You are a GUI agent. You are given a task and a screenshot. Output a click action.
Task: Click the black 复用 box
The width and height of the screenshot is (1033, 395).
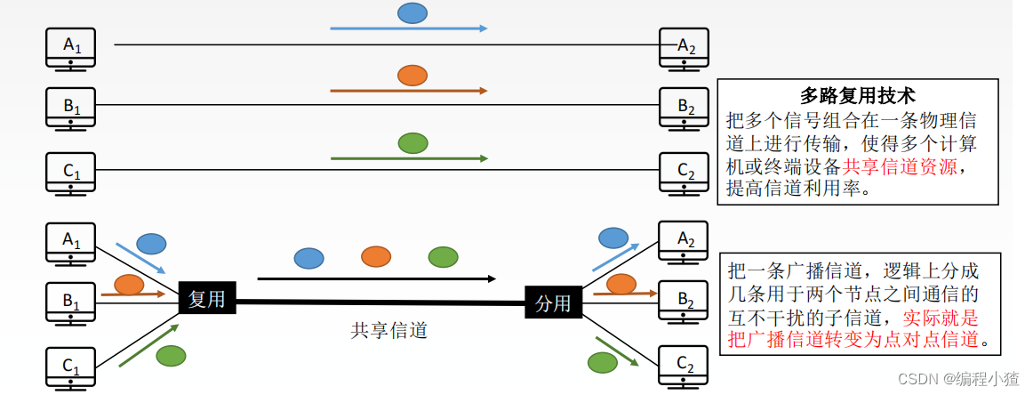pos(207,299)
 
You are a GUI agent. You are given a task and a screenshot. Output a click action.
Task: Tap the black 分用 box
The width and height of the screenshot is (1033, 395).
pos(552,303)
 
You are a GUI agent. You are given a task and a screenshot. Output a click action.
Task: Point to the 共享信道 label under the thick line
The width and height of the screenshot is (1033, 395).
pos(389,330)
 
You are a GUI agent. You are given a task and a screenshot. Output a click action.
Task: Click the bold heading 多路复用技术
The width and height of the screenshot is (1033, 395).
pos(857,95)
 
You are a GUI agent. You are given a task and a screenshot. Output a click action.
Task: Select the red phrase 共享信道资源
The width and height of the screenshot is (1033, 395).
pos(900,166)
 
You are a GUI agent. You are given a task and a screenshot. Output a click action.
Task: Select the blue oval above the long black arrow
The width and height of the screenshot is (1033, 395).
pos(309,258)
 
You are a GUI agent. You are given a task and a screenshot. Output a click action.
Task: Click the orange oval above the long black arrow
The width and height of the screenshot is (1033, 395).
pos(376,257)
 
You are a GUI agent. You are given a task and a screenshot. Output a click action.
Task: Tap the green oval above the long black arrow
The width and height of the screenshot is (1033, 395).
pos(443,257)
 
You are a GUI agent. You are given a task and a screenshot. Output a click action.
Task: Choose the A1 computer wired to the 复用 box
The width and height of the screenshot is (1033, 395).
pos(71,241)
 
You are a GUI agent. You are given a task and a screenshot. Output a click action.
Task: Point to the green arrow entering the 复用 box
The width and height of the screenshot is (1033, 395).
pos(148,344)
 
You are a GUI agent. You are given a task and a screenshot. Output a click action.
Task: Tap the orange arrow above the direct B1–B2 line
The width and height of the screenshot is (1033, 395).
pos(409,91)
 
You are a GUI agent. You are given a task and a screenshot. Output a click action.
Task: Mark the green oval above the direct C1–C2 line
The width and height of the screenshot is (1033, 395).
pos(412,142)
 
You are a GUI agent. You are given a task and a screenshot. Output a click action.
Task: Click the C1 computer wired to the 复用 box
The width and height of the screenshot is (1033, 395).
pos(71,367)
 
